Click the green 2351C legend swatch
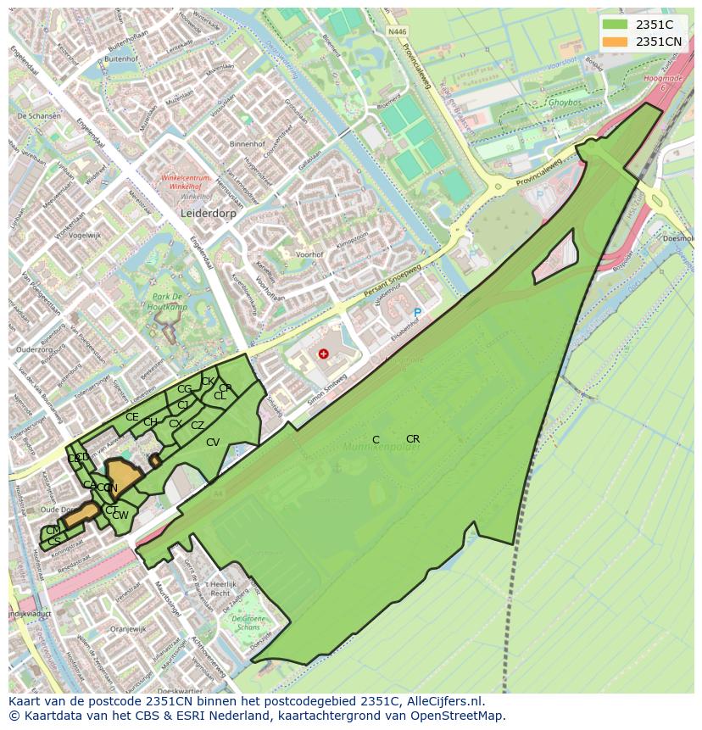tap(616, 25)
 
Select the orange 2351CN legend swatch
tap(616, 42)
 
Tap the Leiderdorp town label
tap(208, 215)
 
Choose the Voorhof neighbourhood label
tap(310, 254)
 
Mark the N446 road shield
tap(397, 32)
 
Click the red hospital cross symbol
tap(323, 353)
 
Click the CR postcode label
tap(413, 439)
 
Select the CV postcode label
tap(213, 443)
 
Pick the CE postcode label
tap(131, 417)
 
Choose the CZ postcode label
tap(198, 426)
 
